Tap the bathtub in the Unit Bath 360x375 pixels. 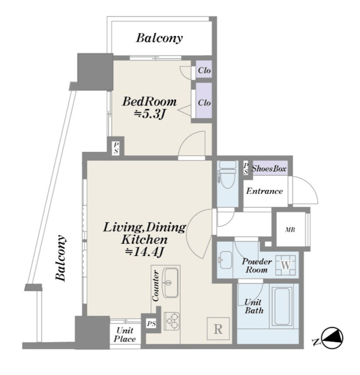(x=283, y=306)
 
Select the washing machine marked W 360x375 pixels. (x=286, y=265)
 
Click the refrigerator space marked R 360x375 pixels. (x=218, y=329)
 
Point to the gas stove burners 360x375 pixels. (x=172, y=321)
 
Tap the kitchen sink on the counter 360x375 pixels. (x=171, y=282)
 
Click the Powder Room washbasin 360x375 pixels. (x=225, y=260)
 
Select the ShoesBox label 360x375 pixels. (x=269, y=169)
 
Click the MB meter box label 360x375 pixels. (x=290, y=230)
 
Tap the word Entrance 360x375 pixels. (x=264, y=191)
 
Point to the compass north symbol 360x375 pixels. (x=332, y=337)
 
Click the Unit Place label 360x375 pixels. (x=125, y=335)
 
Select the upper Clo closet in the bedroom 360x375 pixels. (x=204, y=70)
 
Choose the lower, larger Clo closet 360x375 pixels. (x=204, y=101)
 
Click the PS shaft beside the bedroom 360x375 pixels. (x=116, y=148)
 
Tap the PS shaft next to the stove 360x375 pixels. (x=151, y=324)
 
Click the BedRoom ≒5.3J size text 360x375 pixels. (x=150, y=108)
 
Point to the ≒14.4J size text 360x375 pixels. (x=145, y=252)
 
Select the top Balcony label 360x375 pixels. (x=159, y=38)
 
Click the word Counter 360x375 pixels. (x=155, y=286)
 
